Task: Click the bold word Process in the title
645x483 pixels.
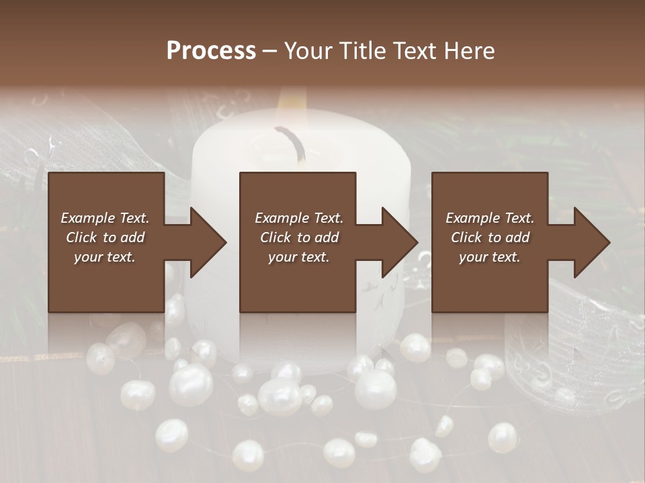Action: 211,51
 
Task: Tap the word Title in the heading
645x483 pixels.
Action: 363,51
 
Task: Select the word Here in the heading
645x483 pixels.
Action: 469,51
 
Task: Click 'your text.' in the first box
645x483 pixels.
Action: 105,257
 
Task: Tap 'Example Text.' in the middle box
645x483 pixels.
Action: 299,218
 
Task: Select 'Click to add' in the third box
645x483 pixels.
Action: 490,237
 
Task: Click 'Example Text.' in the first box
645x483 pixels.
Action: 105,218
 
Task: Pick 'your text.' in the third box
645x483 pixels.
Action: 490,257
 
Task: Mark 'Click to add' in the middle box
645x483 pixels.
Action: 299,237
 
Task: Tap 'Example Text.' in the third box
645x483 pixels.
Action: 490,218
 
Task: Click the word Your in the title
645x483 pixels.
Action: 308,51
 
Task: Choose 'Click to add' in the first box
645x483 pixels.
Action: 105,237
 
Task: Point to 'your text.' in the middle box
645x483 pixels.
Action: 299,257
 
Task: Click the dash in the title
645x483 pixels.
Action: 270,52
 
